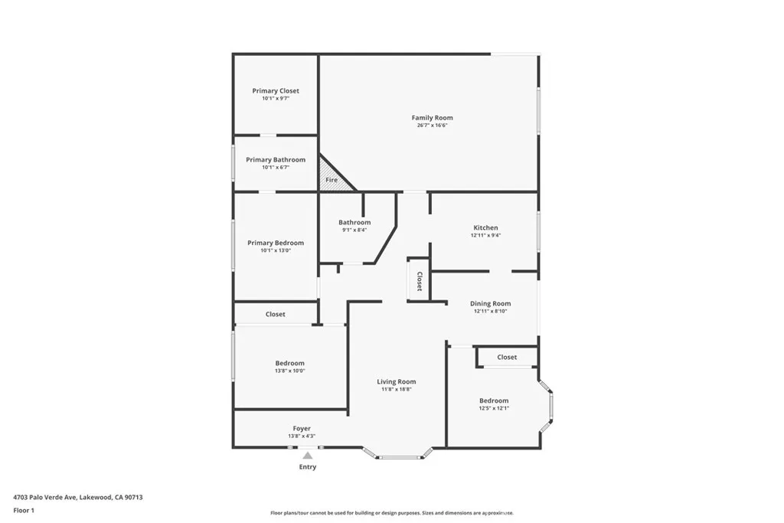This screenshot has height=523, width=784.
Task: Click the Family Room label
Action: pyautogui.click(x=432, y=118)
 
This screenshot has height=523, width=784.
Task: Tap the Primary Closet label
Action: pyautogui.click(x=276, y=91)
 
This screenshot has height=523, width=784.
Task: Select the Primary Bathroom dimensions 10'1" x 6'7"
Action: pyautogui.click(x=276, y=168)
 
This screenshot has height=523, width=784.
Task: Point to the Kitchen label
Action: pyautogui.click(x=485, y=227)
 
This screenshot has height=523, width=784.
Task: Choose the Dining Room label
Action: pyautogui.click(x=490, y=303)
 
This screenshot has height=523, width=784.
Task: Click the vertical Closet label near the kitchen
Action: pyautogui.click(x=420, y=282)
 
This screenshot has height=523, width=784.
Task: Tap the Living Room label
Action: pyautogui.click(x=396, y=381)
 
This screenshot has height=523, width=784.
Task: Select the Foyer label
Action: pyautogui.click(x=302, y=428)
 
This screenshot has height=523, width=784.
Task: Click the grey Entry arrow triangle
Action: pyautogui.click(x=307, y=456)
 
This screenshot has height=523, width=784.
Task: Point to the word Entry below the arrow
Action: pyautogui.click(x=307, y=467)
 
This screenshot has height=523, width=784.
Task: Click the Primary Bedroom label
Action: pyautogui.click(x=276, y=243)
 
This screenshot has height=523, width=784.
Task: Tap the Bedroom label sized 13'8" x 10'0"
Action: pyautogui.click(x=289, y=363)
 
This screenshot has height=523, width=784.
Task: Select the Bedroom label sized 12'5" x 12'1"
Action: pyautogui.click(x=494, y=400)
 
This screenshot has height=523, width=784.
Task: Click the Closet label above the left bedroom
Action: pyautogui.click(x=276, y=314)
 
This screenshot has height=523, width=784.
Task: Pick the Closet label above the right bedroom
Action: pyautogui.click(x=507, y=357)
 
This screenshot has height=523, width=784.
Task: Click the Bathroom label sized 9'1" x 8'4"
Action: pyautogui.click(x=354, y=222)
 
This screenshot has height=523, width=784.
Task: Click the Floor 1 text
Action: pyautogui.click(x=24, y=510)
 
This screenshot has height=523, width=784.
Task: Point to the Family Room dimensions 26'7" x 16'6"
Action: pyautogui.click(x=432, y=126)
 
